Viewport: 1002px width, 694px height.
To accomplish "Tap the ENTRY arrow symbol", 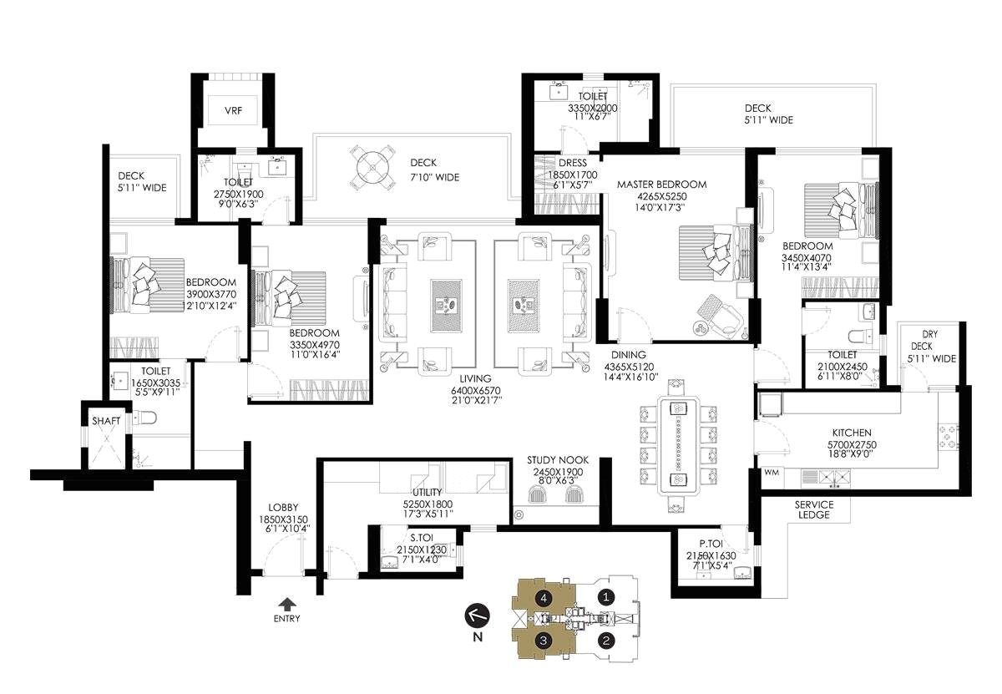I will click(x=286, y=603).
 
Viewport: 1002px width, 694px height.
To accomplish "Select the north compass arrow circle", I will click(x=477, y=616).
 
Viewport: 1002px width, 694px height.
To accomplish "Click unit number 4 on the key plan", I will click(x=544, y=598).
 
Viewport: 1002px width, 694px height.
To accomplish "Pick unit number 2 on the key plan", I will click(x=607, y=641).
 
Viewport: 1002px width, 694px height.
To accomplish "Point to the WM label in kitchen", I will click(x=772, y=474).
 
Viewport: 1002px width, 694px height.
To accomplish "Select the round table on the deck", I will click(x=371, y=170).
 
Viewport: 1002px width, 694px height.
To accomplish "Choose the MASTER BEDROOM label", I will click(x=661, y=185).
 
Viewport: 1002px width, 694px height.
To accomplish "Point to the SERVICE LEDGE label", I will click(x=813, y=509).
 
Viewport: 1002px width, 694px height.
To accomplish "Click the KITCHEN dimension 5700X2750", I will click(x=852, y=444).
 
